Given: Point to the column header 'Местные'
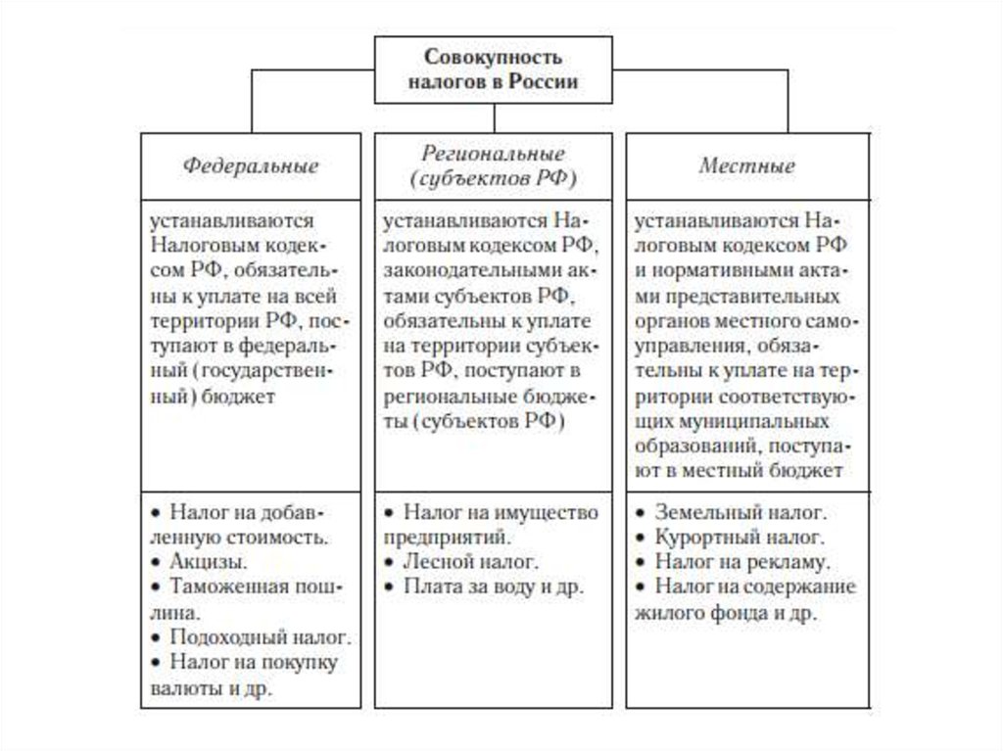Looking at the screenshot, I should pyautogui.click(x=746, y=165).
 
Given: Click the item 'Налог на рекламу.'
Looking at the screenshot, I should pyautogui.click(x=743, y=562).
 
